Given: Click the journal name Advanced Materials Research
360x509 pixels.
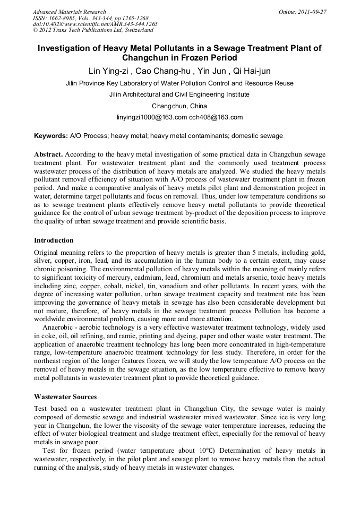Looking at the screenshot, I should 69,12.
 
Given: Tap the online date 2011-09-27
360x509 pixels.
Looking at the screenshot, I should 313,12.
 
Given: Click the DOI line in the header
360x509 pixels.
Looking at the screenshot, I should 95,24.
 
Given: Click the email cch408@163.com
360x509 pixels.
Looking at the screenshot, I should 216,117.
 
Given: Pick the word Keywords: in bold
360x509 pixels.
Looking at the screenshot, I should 51,136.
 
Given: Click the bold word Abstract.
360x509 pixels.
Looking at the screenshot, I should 48,154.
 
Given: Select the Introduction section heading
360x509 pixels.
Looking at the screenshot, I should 54,240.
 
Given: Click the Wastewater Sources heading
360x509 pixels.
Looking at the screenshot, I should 66,396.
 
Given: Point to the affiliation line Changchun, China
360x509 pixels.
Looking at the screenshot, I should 179,106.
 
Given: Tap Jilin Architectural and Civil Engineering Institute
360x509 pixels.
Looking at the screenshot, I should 179,94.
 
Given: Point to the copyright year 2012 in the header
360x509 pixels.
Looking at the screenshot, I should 47,31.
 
